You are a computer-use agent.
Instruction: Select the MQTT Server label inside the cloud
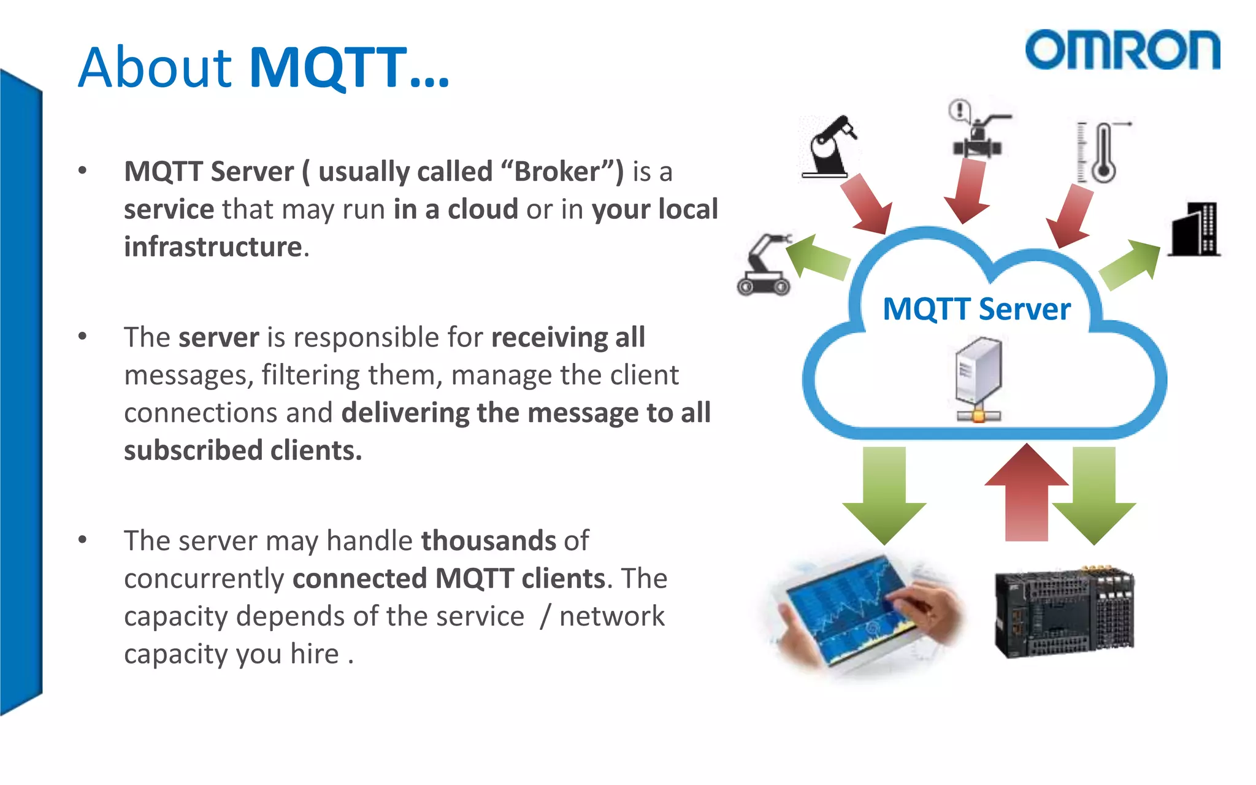tap(976, 308)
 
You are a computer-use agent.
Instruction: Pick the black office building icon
tap(1194, 229)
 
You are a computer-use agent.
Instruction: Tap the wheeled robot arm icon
tap(764, 265)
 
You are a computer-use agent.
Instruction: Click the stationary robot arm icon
tap(829, 147)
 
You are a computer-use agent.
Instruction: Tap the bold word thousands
tap(488, 541)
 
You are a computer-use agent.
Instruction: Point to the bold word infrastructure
tap(213, 247)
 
